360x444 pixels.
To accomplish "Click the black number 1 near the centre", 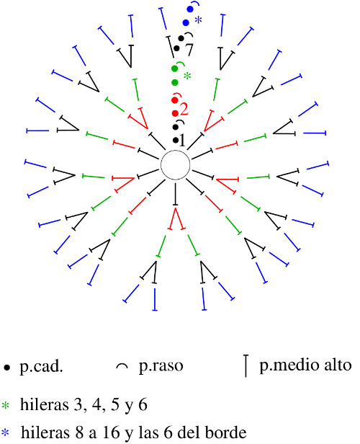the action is pyautogui.click(x=183, y=140).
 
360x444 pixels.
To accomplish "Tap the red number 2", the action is pyautogui.click(x=184, y=110).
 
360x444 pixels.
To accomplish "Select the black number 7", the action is pyautogui.click(x=189, y=50).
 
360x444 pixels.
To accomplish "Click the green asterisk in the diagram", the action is pyautogui.click(x=187, y=76).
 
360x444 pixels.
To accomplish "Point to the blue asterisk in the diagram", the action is pyautogui.click(x=198, y=20).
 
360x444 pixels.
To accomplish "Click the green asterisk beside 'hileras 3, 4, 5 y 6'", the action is pyautogui.click(x=5, y=405).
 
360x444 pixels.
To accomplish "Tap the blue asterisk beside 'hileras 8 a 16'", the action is pyautogui.click(x=5, y=432).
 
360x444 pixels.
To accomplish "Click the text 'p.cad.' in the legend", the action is pyautogui.click(x=41, y=367).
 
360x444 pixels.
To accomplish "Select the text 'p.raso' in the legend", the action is pyautogui.click(x=161, y=366).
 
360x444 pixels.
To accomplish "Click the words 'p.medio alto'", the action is pyautogui.click(x=305, y=365).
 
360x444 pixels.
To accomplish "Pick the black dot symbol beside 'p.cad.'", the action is pyautogui.click(x=6, y=368).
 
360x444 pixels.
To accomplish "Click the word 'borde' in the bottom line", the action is pyautogui.click(x=225, y=432).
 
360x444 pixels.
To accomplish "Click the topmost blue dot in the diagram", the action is pyautogui.click(x=190, y=9).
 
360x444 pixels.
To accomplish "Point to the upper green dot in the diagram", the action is pyautogui.click(x=175, y=68).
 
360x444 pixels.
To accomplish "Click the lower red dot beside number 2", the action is pyautogui.click(x=175, y=113).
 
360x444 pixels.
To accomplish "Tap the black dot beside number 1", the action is pyautogui.click(x=176, y=140).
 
